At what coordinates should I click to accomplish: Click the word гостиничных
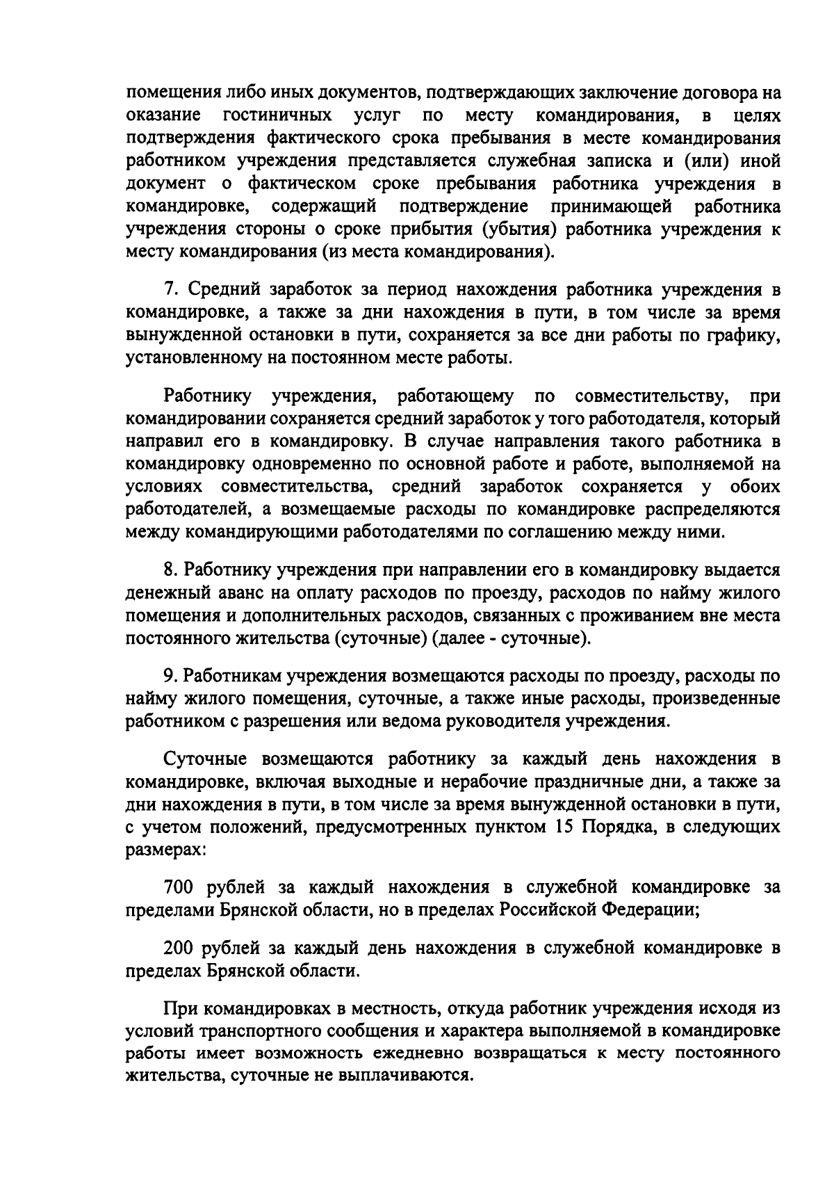[276, 113]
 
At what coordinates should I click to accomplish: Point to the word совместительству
[652, 396]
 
